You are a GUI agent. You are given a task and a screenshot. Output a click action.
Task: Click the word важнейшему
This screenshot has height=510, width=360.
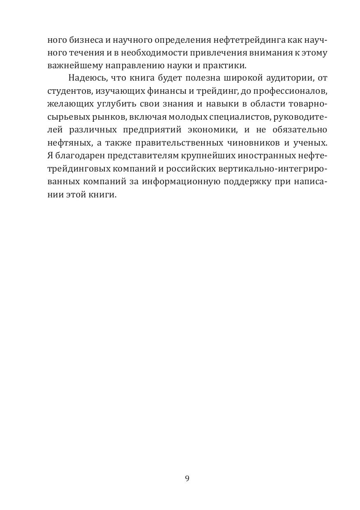coord(71,66)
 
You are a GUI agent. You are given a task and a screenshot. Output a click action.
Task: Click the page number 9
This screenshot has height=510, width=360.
coord(187,478)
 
